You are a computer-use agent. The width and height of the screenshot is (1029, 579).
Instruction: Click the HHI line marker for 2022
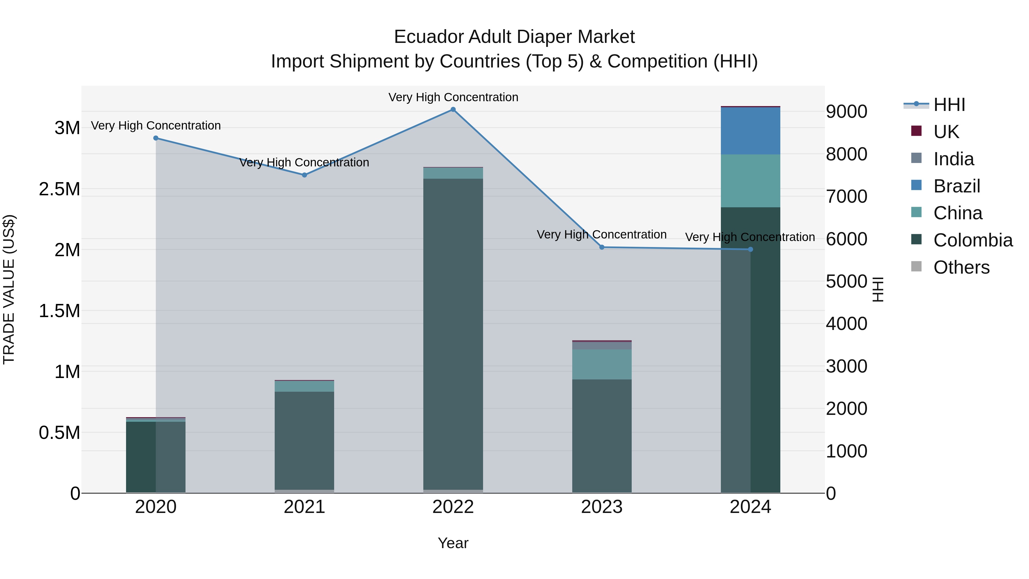(x=453, y=110)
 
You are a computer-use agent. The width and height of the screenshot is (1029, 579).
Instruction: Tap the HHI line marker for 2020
(x=156, y=138)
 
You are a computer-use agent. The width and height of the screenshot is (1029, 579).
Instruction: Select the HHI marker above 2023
(x=602, y=247)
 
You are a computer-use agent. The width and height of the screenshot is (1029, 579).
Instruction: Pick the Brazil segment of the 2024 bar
(x=750, y=131)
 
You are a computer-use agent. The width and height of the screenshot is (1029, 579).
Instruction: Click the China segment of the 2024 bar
(x=750, y=181)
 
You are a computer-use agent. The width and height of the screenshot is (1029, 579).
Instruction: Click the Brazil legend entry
(x=956, y=186)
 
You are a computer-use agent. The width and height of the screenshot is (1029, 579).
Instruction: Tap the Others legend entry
(x=961, y=267)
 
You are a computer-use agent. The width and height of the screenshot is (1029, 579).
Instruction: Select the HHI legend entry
(x=949, y=105)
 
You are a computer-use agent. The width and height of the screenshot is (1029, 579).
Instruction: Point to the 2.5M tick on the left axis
(x=59, y=189)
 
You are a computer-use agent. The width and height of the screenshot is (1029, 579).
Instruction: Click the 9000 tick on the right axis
(x=846, y=112)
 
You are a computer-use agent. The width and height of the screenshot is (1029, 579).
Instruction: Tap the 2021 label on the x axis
(x=304, y=507)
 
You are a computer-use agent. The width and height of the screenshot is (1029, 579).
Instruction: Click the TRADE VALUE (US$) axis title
(x=9, y=289)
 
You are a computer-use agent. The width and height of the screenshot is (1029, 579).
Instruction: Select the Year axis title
(x=453, y=543)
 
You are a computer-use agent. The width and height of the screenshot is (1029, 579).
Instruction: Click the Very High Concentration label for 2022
(x=453, y=97)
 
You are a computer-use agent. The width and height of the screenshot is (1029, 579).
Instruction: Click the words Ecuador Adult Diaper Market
(x=514, y=37)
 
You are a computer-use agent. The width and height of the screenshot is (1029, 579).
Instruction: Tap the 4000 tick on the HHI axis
(x=846, y=324)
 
